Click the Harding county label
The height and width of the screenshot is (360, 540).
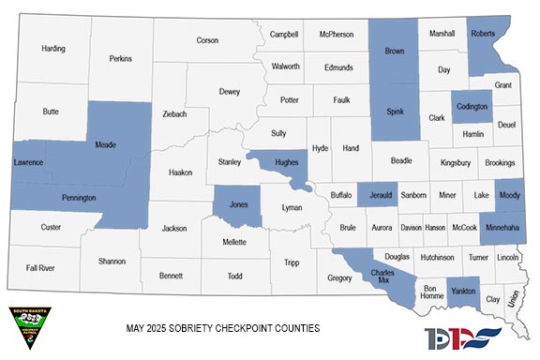pos(53,48)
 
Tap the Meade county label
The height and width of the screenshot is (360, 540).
pos(106,145)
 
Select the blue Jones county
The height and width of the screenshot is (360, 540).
pos(238,203)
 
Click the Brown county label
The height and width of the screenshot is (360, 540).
pos(394,51)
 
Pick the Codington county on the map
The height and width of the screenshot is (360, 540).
pos(472,107)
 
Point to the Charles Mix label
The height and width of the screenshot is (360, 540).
pos(394,277)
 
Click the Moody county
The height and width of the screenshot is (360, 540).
pos(509,195)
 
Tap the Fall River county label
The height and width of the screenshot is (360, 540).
pos(40,268)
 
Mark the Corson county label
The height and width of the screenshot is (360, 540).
pos(207,40)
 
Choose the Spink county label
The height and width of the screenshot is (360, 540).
pos(394,113)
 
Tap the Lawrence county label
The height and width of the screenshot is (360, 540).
pos(29,163)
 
